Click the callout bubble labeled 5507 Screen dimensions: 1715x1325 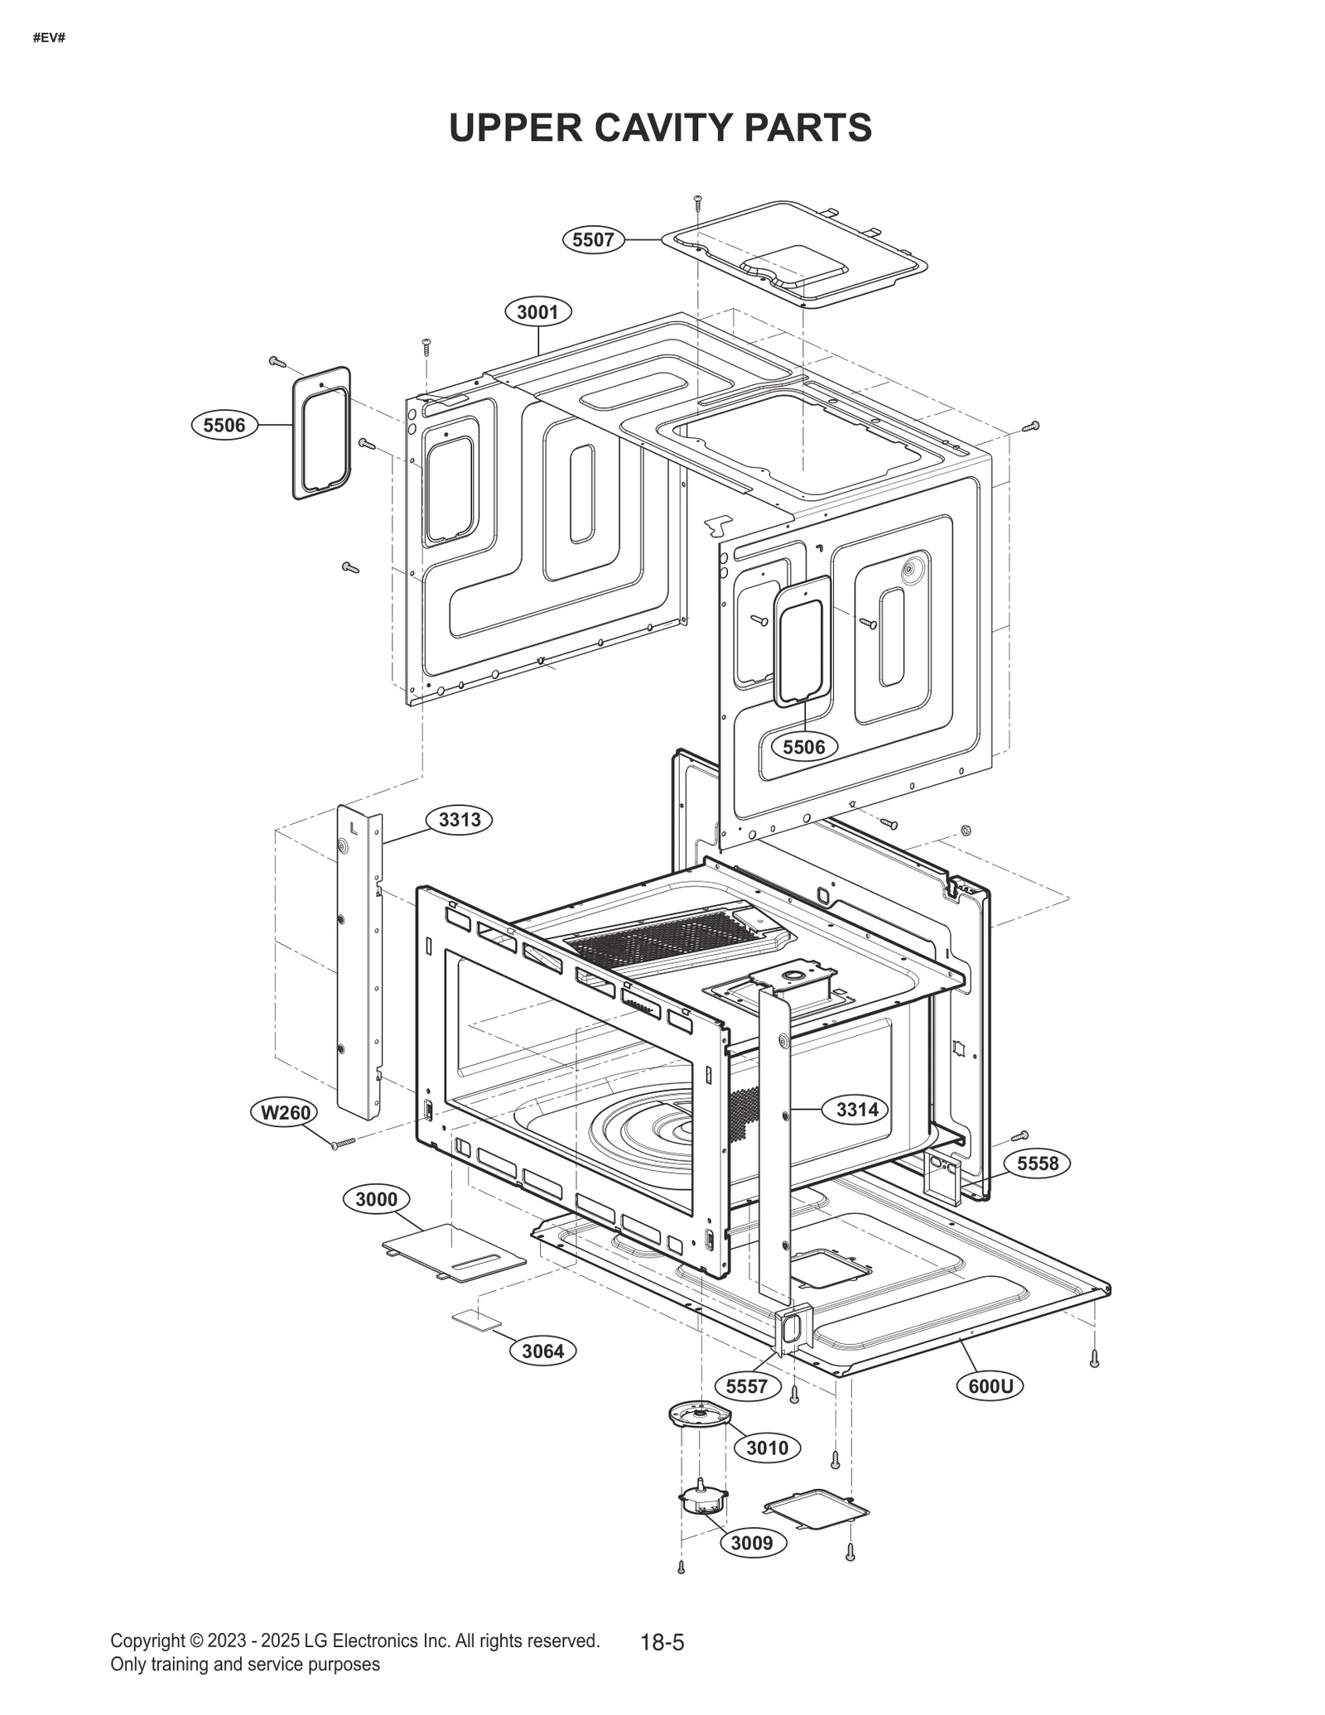(x=593, y=240)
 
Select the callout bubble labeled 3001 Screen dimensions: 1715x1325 (x=537, y=312)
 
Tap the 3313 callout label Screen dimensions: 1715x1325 (x=460, y=820)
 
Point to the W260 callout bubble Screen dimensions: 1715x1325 (x=285, y=1112)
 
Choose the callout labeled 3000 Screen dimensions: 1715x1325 (x=376, y=1199)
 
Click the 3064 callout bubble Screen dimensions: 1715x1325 (x=542, y=1351)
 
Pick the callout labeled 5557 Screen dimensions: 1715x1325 (x=747, y=1386)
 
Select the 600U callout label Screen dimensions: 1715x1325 (x=990, y=1386)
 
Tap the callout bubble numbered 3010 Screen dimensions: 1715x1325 (x=767, y=1448)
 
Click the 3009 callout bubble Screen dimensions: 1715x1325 (x=752, y=1543)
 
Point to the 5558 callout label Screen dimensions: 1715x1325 (x=1038, y=1163)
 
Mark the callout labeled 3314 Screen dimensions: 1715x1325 (x=856, y=1110)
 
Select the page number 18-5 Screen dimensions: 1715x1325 (x=662, y=1643)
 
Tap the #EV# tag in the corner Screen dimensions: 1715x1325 (x=49, y=38)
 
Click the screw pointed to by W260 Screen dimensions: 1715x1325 (x=343, y=1143)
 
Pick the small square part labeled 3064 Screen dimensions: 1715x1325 (x=476, y=1320)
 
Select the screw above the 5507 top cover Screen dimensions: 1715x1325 (x=697, y=201)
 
